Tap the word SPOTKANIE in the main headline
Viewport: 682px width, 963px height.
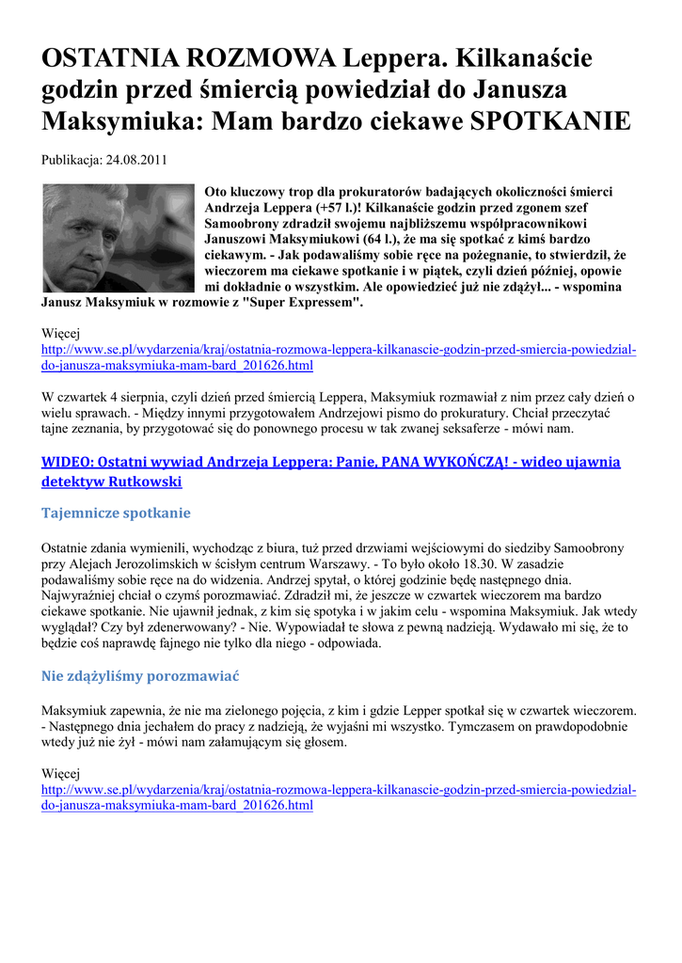550,121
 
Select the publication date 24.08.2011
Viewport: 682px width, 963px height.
135,160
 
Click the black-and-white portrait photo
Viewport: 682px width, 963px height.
118,238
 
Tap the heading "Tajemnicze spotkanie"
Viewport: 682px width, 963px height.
117,513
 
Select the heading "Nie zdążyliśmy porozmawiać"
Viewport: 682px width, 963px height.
141,676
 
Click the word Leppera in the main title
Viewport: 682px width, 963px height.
389,59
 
